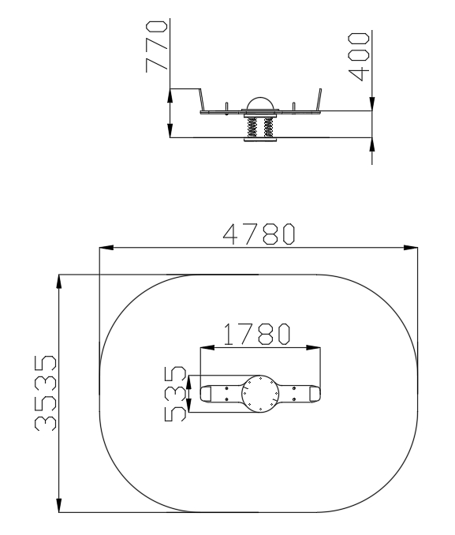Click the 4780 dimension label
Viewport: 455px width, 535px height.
259,234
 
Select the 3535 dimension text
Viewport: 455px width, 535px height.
46,393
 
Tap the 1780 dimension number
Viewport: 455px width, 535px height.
257,334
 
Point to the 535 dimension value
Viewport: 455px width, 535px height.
175,394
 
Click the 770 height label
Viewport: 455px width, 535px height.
157,47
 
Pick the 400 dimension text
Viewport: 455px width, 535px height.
359,57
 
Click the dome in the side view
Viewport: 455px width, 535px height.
260,103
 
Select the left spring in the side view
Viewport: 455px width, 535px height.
252,127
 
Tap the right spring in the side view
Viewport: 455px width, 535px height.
268,127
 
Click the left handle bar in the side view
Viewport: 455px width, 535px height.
202,99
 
